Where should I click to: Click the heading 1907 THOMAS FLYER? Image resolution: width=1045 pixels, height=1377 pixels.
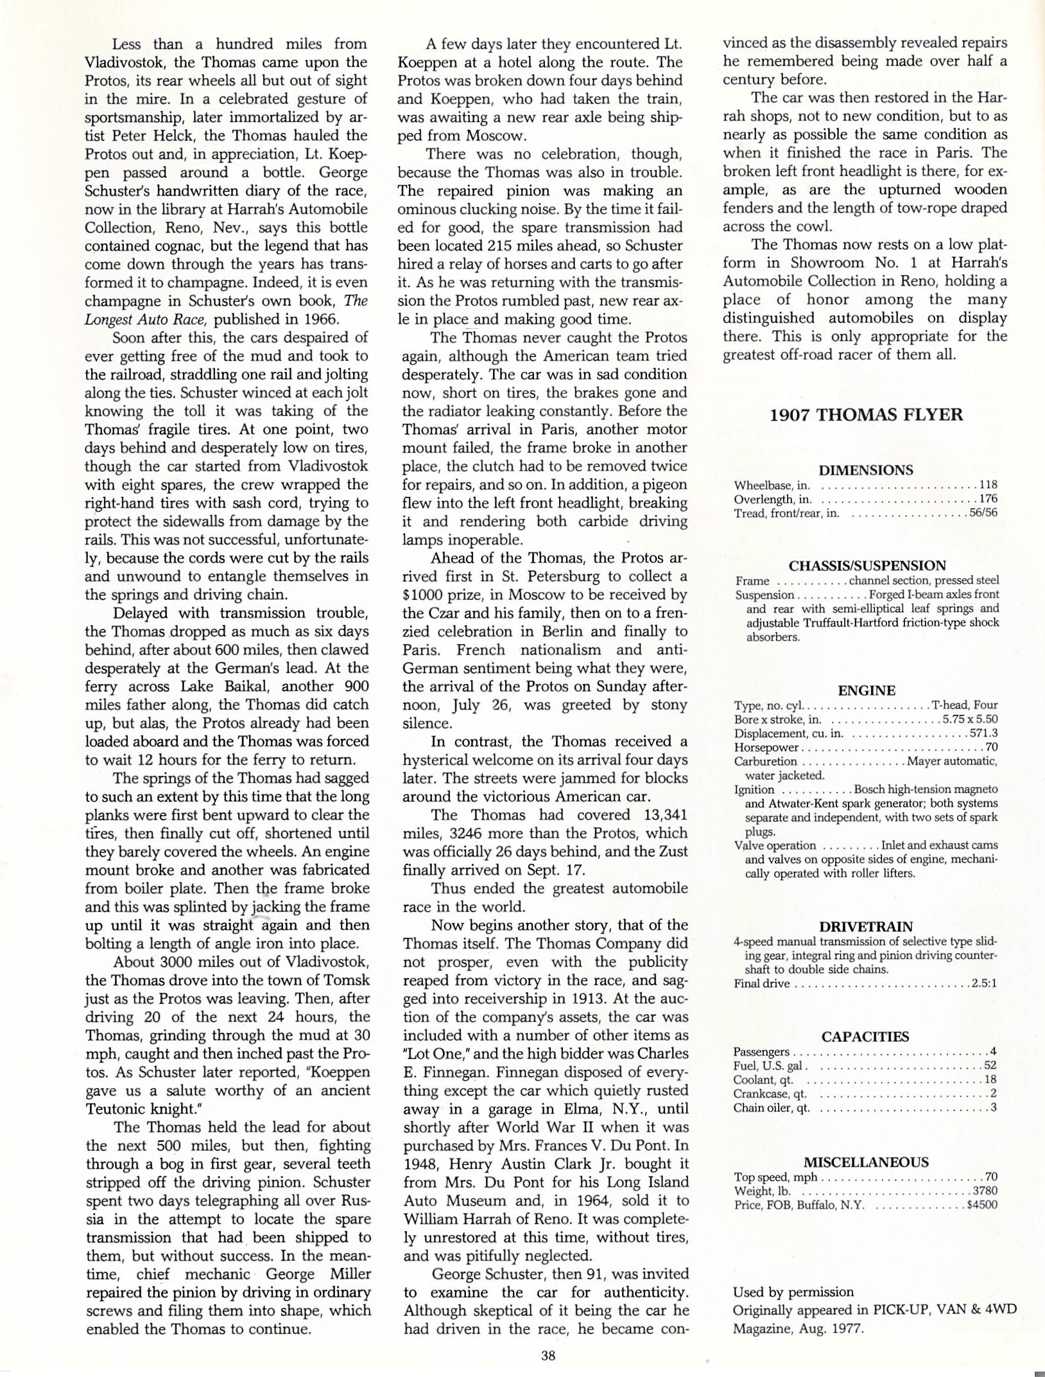[866, 415]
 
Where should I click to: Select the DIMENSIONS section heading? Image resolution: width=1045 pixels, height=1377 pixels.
[866, 470]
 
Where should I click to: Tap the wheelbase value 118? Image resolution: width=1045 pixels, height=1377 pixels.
[988, 485]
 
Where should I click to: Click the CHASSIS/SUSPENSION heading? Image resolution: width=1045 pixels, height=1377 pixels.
[867, 566]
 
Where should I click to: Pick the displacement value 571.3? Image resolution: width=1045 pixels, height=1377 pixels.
[983, 733]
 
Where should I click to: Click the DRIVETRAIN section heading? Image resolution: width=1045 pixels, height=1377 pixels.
[866, 927]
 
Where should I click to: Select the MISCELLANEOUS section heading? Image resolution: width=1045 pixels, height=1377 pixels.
[866, 1162]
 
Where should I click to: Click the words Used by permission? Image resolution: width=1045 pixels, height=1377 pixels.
[793, 1292]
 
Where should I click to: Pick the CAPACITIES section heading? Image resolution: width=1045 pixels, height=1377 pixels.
[865, 1037]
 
